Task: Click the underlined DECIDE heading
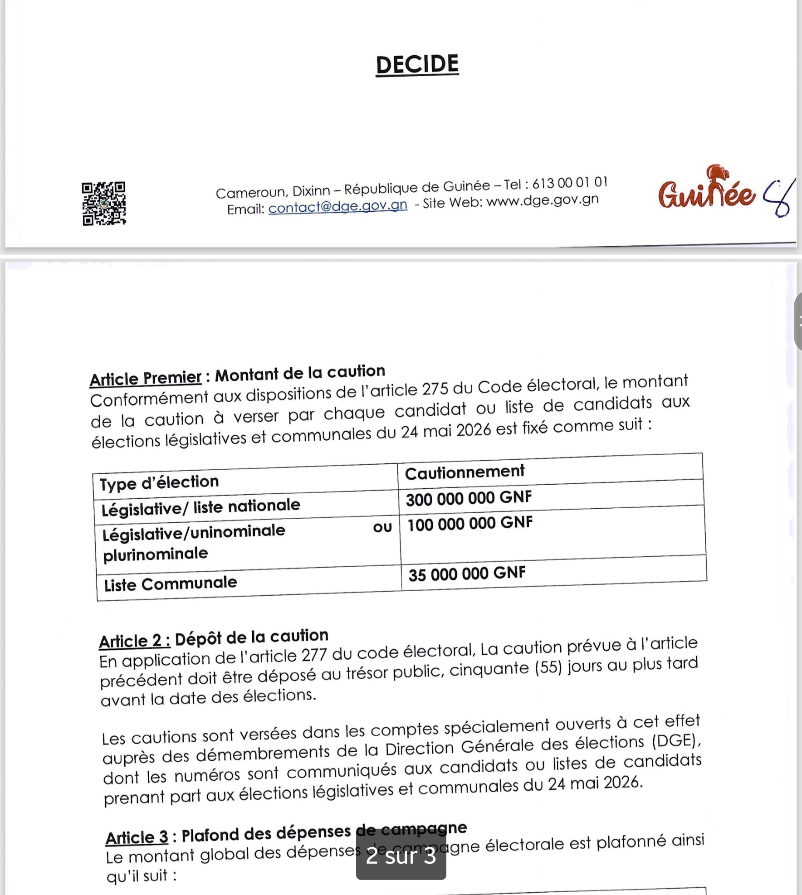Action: click(x=417, y=64)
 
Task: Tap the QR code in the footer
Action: click(x=104, y=204)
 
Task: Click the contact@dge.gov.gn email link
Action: click(x=337, y=206)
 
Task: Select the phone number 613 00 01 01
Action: click(x=569, y=183)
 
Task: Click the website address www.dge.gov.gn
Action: click(x=543, y=200)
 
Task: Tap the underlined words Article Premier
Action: click(x=145, y=378)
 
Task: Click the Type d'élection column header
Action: click(x=159, y=482)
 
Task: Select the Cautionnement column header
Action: click(x=465, y=472)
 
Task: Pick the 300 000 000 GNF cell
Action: click(x=469, y=498)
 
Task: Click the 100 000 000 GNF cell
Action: click(x=469, y=524)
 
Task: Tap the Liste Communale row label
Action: click(x=171, y=584)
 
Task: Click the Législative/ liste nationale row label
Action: click(x=200, y=507)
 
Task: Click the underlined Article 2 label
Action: click(x=135, y=641)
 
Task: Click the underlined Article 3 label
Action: click(x=137, y=837)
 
